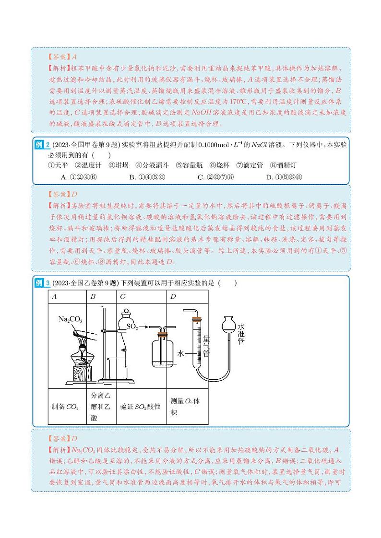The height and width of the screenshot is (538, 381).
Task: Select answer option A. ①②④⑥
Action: pos(80,177)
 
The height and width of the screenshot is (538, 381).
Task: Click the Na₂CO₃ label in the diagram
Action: pos(70,319)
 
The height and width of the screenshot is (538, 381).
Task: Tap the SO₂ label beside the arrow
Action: pos(132,327)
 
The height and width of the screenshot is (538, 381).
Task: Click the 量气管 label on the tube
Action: pos(207,345)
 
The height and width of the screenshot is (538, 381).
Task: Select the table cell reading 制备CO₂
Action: pos(65,407)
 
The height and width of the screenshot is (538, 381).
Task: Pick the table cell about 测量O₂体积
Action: pos(188,406)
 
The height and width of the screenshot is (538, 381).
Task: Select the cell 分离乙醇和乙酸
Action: pos(101,407)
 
